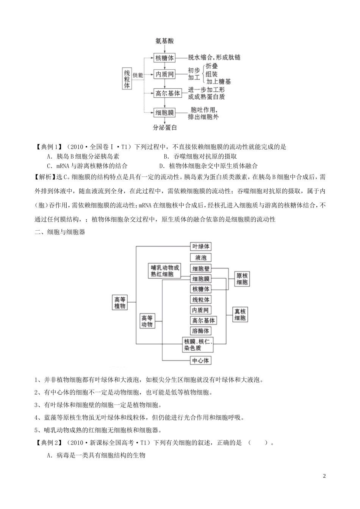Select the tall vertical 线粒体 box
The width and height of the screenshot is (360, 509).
pos(127,79)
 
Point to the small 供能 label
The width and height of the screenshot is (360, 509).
pos(138,75)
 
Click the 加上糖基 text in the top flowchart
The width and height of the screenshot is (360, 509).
pos(219,81)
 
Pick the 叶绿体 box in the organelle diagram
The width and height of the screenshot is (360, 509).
pos(200,247)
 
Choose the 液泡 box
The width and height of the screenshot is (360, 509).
pos(200,258)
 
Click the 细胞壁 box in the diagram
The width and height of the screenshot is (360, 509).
pos(200,269)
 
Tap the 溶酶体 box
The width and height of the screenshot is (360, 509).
pos(200,331)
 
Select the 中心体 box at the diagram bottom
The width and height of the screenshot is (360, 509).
pos(200,360)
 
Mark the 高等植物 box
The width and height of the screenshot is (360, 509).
pos(120,302)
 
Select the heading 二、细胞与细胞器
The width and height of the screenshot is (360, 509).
pos(60,232)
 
